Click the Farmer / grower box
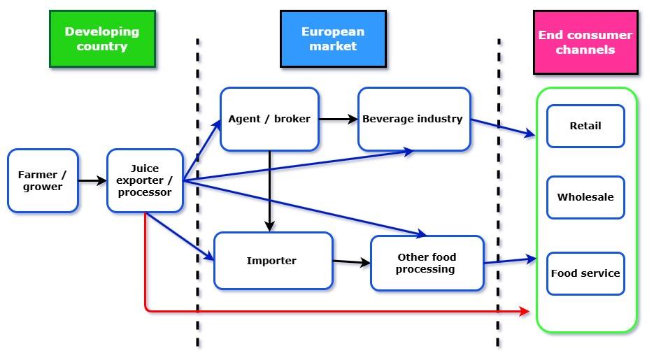coord(43,180)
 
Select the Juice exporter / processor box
coord(145,180)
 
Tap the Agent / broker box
coord(269,119)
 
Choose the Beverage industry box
coord(413,119)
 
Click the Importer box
coord(272,261)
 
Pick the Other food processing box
coord(427,263)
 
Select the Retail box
coord(585,127)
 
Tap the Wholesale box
coord(585,197)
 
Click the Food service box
coord(585,273)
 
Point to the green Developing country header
coord(102,39)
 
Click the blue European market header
coord(333,39)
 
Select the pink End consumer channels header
coord(585,42)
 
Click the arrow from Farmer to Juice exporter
coord(92,181)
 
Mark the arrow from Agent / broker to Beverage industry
coord(339,120)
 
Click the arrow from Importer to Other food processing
coord(351,262)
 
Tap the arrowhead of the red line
coord(525,311)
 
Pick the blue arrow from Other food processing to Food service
coord(510,261)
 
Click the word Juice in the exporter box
coord(145,168)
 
